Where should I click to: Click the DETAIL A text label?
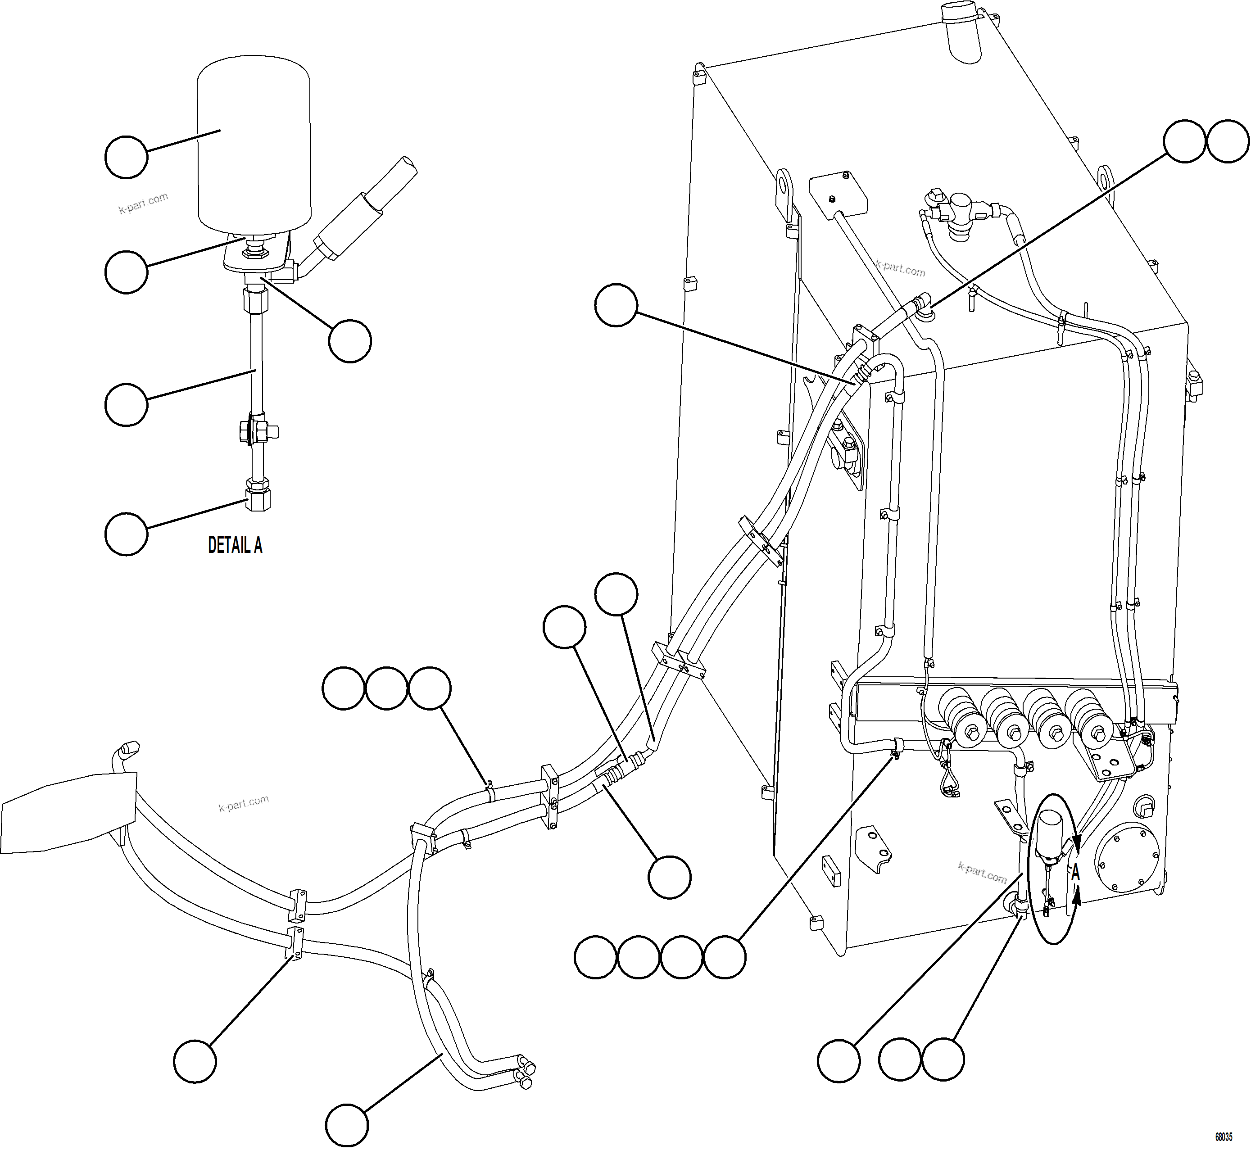(235, 546)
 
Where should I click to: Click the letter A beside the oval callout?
(1075, 873)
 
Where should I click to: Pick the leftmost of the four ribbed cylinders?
(961, 717)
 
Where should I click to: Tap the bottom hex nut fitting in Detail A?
(258, 498)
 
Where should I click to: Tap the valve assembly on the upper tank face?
(958, 215)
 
